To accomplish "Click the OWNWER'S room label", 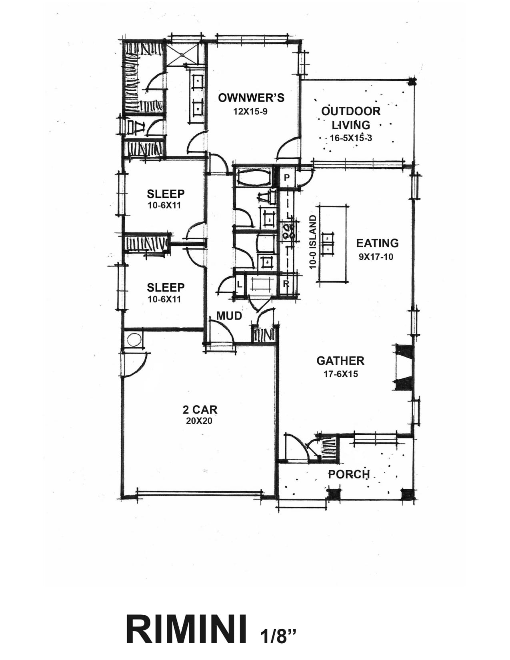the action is click(x=251, y=98).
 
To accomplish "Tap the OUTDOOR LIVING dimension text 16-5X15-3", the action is click(x=351, y=138).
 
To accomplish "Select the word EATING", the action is click(x=377, y=243).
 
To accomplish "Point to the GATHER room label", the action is click(x=340, y=361).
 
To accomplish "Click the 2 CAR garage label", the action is click(x=200, y=410).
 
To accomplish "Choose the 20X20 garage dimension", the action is click(x=200, y=421).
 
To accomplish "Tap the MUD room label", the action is click(x=229, y=316).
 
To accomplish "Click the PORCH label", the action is click(x=349, y=474).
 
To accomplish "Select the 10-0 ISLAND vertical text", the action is click(x=313, y=242).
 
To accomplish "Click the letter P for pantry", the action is click(x=286, y=178).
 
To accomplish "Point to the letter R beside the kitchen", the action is click(x=286, y=284).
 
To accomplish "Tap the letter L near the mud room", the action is click(x=239, y=284).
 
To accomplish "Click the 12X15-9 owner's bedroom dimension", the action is click(x=250, y=112).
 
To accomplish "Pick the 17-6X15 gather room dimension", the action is click(x=341, y=374).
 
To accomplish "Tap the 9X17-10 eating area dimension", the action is click(x=376, y=257).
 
